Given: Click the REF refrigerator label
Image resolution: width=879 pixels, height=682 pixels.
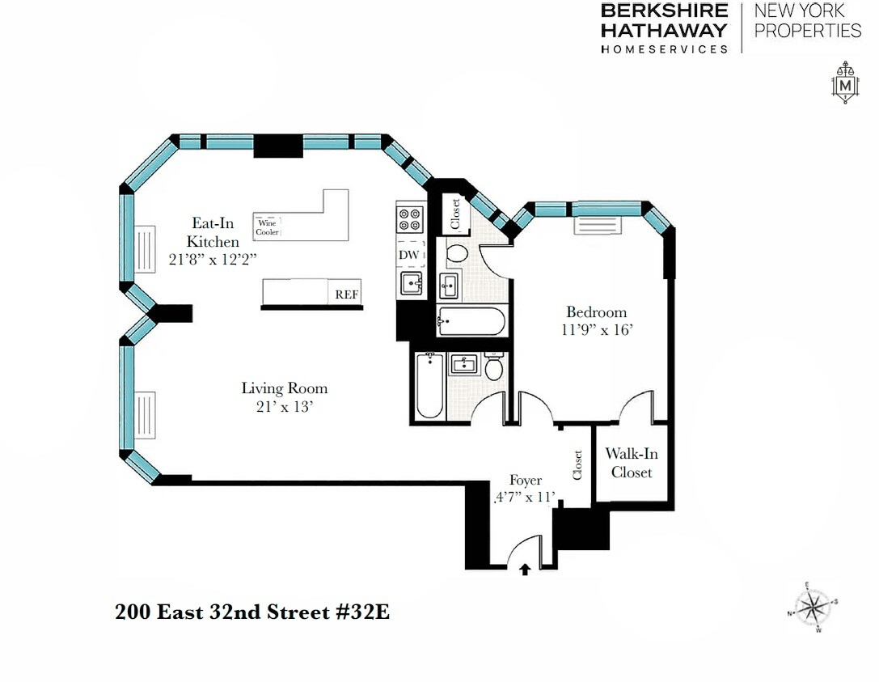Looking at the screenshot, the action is (346, 294).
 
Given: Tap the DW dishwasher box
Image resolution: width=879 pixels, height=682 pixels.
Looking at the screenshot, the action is (410, 254).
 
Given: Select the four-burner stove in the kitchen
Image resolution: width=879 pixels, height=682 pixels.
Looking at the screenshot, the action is (410, 219).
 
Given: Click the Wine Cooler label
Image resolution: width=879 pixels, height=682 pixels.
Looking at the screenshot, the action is (267, 227).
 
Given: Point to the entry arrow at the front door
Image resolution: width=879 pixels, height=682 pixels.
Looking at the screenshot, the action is (525, 570).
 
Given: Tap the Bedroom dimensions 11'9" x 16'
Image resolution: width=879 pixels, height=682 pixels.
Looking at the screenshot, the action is (597, 329).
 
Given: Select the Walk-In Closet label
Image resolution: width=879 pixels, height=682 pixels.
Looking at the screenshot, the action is (632, 463).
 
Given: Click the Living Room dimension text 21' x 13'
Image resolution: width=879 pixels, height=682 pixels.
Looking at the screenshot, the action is (284, 407).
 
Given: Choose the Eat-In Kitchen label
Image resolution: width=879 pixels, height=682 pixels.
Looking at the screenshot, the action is (213, 232).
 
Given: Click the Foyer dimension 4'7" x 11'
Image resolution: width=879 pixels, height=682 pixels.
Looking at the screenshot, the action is (526, 497).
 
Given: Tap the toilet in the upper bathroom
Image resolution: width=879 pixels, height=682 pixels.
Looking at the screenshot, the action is (457, 253).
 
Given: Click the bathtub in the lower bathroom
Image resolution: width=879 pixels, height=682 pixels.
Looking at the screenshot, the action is (430, 386).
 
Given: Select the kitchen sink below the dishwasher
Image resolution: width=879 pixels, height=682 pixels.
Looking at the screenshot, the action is (411, 282).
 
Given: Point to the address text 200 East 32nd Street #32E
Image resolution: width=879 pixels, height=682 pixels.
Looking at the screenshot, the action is (252, 612).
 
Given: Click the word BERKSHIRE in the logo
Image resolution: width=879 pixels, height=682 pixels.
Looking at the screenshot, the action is (664, 11).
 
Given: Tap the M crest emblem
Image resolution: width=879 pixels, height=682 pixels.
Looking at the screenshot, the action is (845, 83).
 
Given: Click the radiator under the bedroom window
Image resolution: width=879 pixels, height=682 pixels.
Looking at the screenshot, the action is (598, 224).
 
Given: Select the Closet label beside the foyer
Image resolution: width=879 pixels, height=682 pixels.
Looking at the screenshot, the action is (577, 465).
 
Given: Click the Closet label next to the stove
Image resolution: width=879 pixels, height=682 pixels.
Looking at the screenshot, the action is (455, 214).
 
